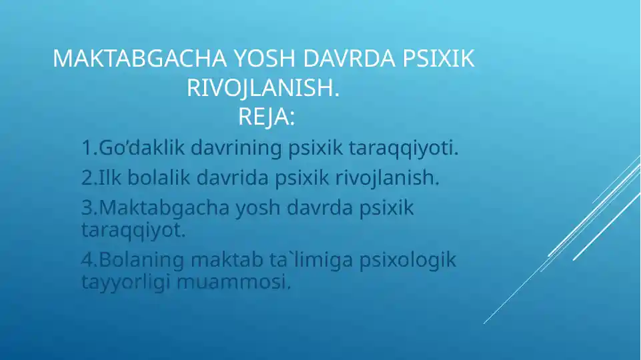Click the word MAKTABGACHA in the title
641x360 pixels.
[x=140, y=58]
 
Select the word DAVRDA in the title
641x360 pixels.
[x=349, y=58]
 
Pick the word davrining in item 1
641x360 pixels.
[x=236, y=148]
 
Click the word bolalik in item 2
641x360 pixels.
[x=159, y=177]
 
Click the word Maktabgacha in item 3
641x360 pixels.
[x=164, y=208]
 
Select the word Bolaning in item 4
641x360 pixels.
[x=141, y=260]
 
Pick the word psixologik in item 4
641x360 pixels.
[x=408, y=260]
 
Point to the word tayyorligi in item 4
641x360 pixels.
[x=125, y=282]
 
